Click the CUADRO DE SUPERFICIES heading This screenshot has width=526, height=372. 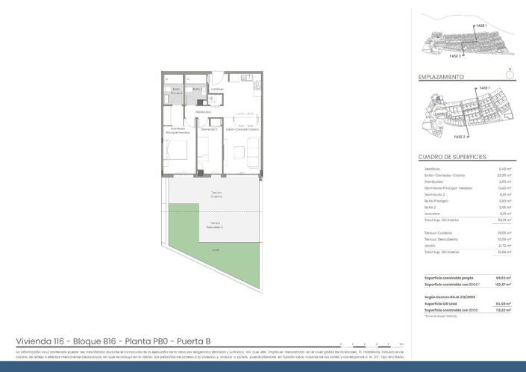453,158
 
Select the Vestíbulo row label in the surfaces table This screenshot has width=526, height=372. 432,169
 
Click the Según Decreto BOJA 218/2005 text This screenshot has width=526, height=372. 449,297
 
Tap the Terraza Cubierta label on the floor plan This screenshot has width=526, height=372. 216,195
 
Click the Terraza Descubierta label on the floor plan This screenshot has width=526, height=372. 215,224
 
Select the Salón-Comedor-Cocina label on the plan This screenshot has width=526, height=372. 242,130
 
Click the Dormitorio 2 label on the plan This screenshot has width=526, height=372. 208,130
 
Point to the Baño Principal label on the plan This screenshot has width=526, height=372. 176,91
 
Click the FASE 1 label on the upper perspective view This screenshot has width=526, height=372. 481,26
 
